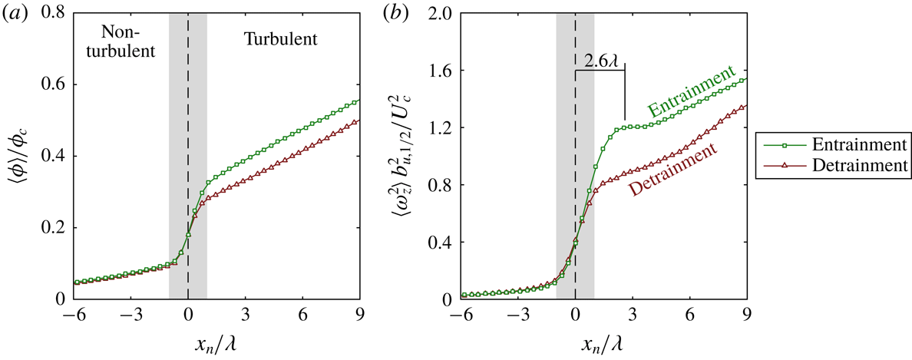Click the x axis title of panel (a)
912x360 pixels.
[x=217, y=342]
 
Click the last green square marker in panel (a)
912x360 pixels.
[x=359, y=101]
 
